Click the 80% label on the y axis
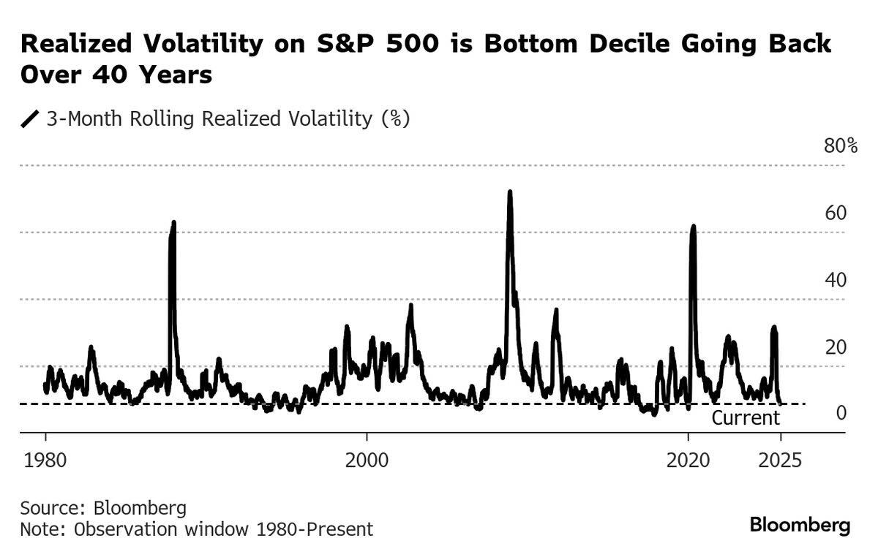coord(841,146)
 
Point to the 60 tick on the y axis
coord(836,213)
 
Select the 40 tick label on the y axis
coord(836,280)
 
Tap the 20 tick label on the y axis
coord(836,346)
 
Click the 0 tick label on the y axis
coord(841,414)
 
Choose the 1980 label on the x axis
coord(45,461)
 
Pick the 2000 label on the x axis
coord(367,461)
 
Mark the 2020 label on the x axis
coord(688,461)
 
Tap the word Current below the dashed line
coord(746,418)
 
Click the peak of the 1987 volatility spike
coord(173,222)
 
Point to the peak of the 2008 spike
coord(509,192)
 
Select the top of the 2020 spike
coord(693,227)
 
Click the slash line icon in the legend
coord(31,119)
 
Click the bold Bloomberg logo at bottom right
coord(800,525)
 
